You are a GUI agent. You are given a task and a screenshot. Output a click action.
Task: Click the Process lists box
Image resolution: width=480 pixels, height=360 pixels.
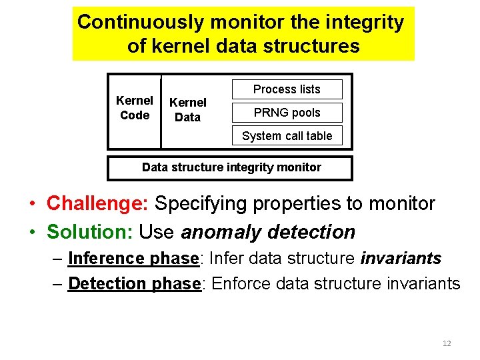(x=287, y=89)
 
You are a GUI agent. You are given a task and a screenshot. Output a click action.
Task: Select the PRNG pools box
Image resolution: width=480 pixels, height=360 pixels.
(x=287, y=113)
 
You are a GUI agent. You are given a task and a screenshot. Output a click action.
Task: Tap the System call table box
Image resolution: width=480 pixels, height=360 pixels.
(x=287, y=136)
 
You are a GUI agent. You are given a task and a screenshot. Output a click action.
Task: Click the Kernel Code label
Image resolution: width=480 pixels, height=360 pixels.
(x=135, y=108)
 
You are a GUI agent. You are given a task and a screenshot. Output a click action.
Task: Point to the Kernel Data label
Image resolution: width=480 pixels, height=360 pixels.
(x=187, y=110)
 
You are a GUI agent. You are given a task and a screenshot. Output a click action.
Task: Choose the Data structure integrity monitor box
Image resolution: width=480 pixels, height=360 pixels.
(x=231, y=168)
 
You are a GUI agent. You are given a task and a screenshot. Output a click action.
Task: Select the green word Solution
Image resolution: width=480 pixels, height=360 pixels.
(x=90, y=232)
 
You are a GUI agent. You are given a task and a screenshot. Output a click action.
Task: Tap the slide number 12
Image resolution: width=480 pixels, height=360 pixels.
(x=447, y=343)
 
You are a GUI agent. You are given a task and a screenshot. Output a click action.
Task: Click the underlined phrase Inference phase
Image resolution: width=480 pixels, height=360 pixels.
(x=133, y=258)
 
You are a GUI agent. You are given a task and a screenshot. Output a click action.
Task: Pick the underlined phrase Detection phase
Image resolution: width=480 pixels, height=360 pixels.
(x=134, y=283)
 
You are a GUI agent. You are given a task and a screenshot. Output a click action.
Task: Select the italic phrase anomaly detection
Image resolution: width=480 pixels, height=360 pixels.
(x=268, y=232)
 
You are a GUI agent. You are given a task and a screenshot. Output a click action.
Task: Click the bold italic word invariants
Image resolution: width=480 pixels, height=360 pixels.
(x=401, y=258)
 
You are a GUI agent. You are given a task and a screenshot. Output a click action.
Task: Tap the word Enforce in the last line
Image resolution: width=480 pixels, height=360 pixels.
(x=241, y=283)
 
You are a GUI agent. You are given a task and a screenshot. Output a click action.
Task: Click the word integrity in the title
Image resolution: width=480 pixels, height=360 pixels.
(x=366, y=22)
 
